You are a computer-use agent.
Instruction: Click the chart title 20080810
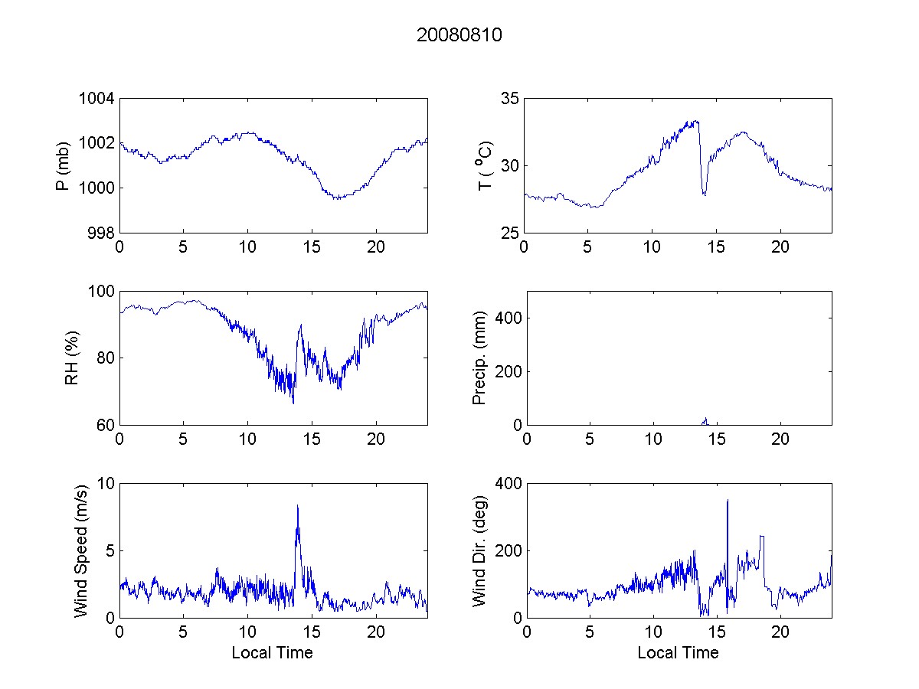pos(459,35)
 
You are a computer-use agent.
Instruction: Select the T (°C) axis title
pos(484,165)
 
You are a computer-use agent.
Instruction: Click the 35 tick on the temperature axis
pos(509,99)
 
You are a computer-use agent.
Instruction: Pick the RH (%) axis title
pos(72,358)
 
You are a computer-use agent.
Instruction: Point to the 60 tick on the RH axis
pos(106,425)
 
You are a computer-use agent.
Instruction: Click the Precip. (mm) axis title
pos(479,358)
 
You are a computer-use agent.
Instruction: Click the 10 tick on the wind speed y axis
pos(106,484)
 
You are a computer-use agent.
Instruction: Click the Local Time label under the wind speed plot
pos(272,652)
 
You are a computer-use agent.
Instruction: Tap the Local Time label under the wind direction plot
pos(678,652)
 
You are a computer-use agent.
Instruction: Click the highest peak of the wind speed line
pos(297,506)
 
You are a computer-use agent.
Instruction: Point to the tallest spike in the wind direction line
pos(728,501)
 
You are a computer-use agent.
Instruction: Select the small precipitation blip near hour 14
pos(705,420)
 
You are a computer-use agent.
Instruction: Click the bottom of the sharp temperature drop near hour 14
pos(704,194)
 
